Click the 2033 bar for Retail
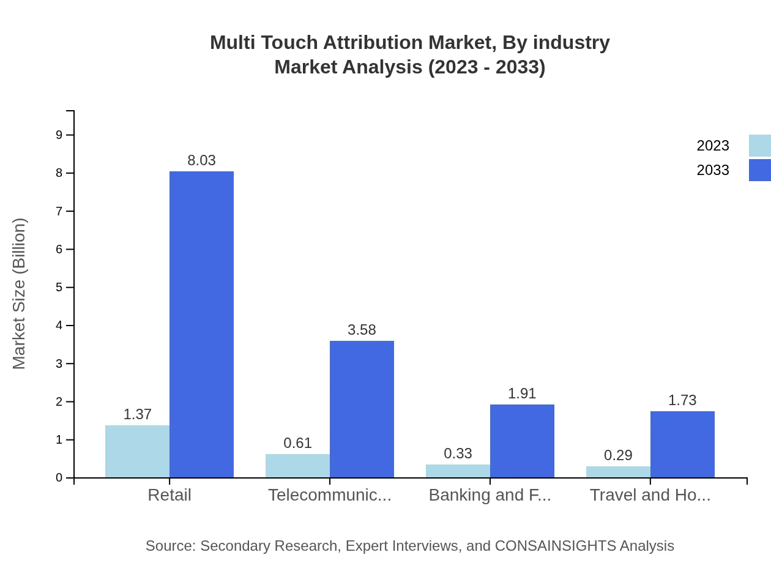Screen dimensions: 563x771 pyautogui.click(x=201, y=324)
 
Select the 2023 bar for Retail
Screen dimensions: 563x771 pyautogui.click(x=137, y=451)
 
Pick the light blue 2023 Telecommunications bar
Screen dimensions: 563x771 pyautogui.click(x=297, y=466)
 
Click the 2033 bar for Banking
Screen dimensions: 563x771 pyautogui.click(x=522, y=441)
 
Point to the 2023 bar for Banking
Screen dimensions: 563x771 pyautogui.click(x=458, y=471)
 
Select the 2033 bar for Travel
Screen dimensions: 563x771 pyautogui.click(x=682, y=444)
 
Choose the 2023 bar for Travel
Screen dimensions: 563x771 pyautogui.click(x=618, y=472)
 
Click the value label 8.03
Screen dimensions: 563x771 pyautogui.click(x=201, y=160)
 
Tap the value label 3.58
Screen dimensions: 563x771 pyautogui.click(x=362, y=330)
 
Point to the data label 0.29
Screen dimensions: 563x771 pyautogui.click(x=618, y=455)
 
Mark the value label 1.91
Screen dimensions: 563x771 pyautogui.click(x=522, y=393)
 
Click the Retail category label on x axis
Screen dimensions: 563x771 pyautogui.click(x=169, y=495)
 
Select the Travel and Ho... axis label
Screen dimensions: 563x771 pyautogui.click(x=650, y=495)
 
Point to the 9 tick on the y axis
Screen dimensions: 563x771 pyautogui.click(x=59, y=135)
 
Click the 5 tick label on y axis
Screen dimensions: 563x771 pyautogui.click(x=59, y=288)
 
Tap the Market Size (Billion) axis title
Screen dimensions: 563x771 pyautogui.click(x=20, y=294)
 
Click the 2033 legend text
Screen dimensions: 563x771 pyautogui.click(x=713, y=170)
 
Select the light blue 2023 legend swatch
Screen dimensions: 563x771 pyautogui.click(x=759, y=146)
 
